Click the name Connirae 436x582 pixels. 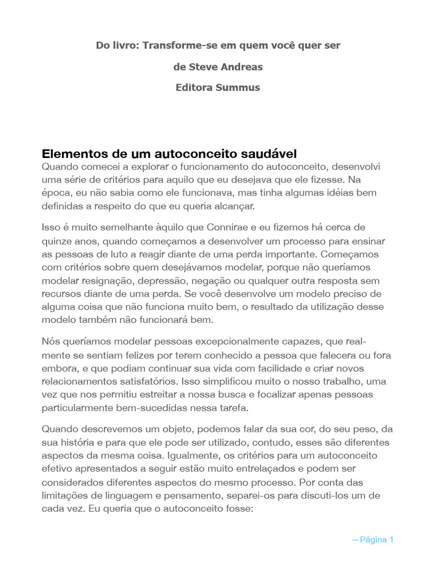(234, 228)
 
